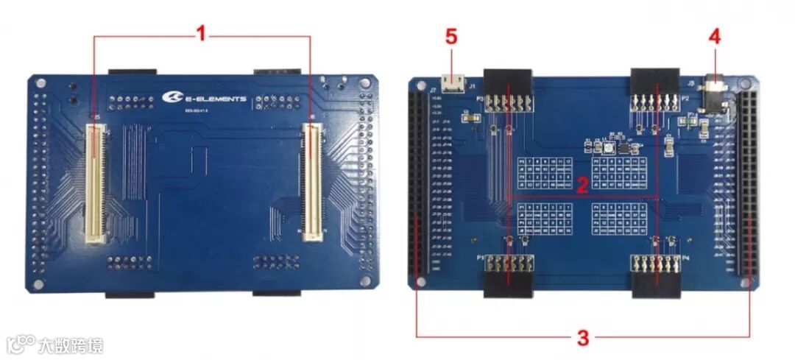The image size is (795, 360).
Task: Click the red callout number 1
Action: click(199, 33)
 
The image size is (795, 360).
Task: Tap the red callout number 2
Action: click(582, 185)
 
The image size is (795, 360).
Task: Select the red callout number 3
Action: click(582, 338)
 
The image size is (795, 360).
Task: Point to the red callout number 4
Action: click(713, 36)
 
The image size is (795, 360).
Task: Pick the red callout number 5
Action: click(452, 37)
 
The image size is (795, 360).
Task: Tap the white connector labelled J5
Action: click(94, 183)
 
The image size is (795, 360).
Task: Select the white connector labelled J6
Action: click(313, 183)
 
